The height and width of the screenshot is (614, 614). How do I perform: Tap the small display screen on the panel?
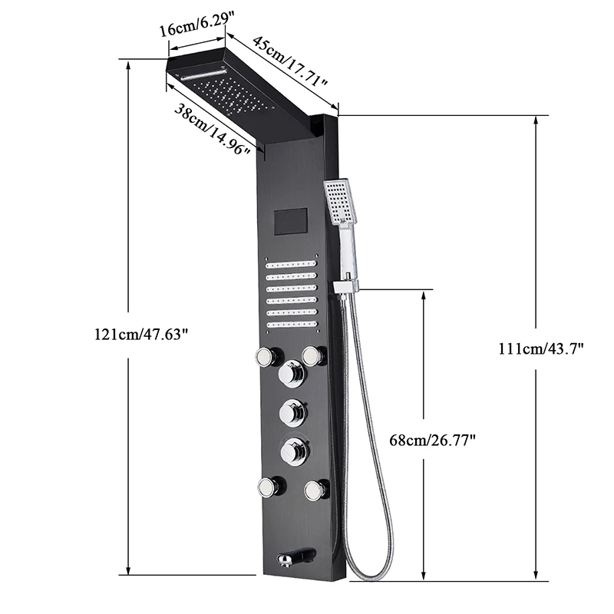289,222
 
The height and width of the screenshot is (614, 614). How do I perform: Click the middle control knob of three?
292,414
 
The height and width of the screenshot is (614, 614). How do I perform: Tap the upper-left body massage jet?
266,357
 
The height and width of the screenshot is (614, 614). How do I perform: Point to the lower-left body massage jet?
268,487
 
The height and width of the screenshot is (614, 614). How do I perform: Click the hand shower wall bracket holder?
346,285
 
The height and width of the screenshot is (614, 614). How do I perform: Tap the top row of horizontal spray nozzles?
291,264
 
